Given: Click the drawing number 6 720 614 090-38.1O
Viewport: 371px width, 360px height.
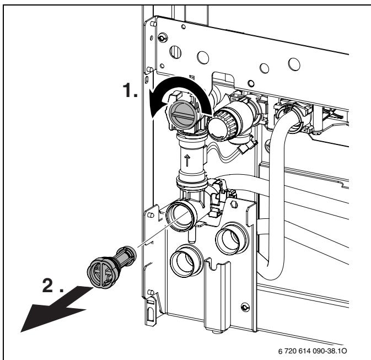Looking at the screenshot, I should click(x=314, y=350).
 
